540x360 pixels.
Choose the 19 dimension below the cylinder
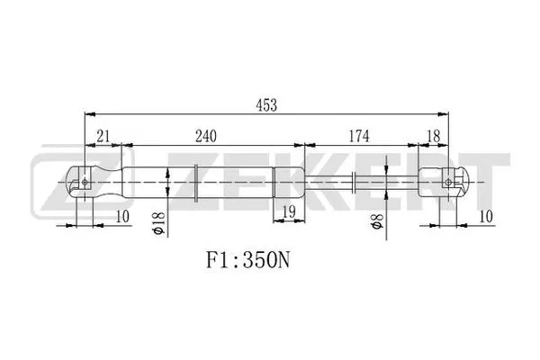point(288,211)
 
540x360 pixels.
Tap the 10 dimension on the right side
point(487,216)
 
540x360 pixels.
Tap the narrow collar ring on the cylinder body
point(196,183)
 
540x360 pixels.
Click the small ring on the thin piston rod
point(355,183)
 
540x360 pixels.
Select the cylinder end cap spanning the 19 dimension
point(288,183)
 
